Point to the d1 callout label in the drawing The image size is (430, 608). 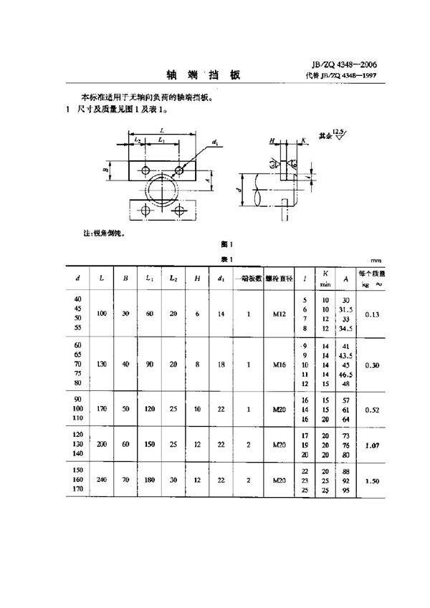216,143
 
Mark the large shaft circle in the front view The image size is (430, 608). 165,193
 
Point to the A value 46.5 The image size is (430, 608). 345,374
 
